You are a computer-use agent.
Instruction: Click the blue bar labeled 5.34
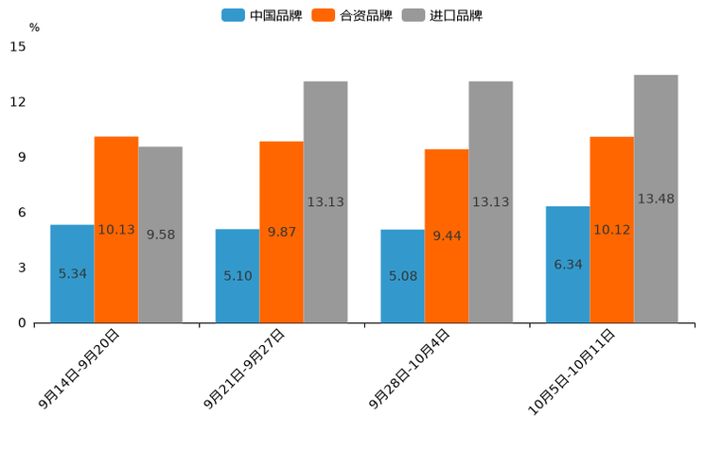(72, 273)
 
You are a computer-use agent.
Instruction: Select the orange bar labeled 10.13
(116, 230)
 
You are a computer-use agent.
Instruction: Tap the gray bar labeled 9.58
(160, 234)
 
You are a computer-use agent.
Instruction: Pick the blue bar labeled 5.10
(238, 275)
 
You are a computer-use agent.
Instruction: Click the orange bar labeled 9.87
(281, 232)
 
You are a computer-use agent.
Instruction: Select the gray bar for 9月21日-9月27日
(326, 201)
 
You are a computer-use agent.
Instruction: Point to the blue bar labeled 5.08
(402, 276)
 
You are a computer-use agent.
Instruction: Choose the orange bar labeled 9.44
(447, 235)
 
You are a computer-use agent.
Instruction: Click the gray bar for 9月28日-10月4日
(490, 201)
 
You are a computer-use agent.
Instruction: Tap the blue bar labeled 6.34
(568, 264)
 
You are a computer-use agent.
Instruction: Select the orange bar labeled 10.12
(611, 230)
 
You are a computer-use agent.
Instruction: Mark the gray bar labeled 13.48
(656, 199)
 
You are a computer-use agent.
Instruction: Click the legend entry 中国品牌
(262, 15)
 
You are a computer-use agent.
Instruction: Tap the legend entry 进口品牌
(442, 15)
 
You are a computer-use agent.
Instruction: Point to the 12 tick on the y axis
(19, 102)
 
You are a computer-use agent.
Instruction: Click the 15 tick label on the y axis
(19, 46)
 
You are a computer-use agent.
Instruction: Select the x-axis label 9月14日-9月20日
(80, 370)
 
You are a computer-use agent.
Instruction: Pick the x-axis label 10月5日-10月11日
(572, 373)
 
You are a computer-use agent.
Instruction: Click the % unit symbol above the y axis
(34, 27)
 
